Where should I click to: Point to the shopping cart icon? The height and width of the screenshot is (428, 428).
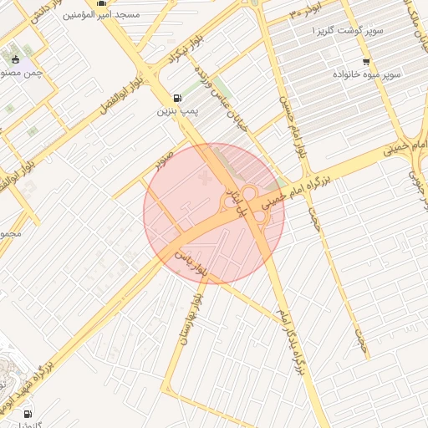tap(365, 62)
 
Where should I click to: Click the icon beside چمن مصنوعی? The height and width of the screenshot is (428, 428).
tap(15, 59)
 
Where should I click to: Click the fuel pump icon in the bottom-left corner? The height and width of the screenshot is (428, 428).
tap(28, 414)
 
